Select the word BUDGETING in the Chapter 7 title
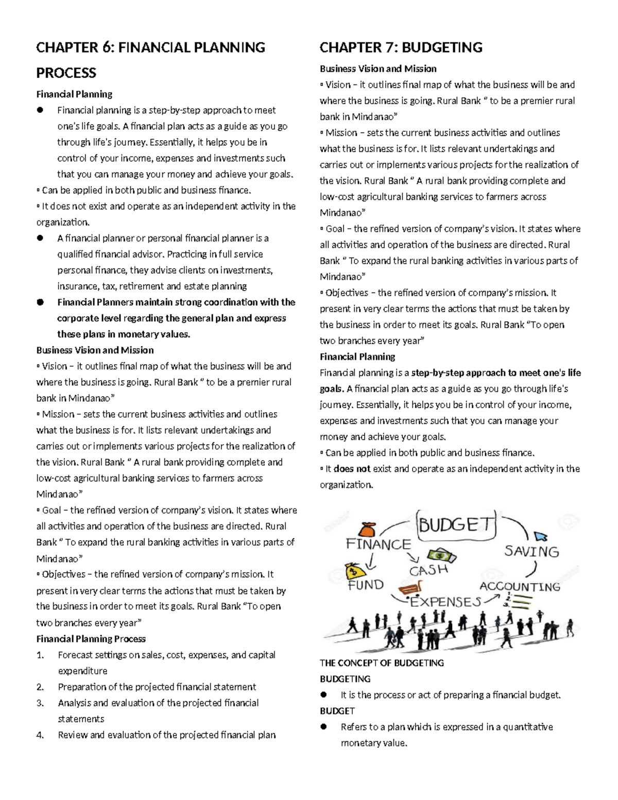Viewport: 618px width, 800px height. tap(442, 48)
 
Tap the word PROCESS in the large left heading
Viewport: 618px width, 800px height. tap(66, 73)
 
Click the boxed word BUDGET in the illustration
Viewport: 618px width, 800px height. tap(456, 525)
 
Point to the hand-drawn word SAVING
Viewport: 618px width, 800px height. tap(531, 552)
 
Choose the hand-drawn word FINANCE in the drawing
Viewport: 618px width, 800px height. tap(379, 544)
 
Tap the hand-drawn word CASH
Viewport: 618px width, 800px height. tap(428, 570)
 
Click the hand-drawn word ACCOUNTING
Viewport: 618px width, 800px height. tap(520, 587)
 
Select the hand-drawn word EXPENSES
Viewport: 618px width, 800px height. tap(445, 602)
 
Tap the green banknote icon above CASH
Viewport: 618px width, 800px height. tap(441, 556)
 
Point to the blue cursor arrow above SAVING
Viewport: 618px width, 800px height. tap(541, 536)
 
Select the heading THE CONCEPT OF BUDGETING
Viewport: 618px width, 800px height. tap(382, 663)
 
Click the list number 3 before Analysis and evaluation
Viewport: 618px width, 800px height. tap(40, 703)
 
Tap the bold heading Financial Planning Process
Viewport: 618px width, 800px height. tap(91, 639)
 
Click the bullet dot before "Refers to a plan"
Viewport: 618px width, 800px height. tap(324, 727)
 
